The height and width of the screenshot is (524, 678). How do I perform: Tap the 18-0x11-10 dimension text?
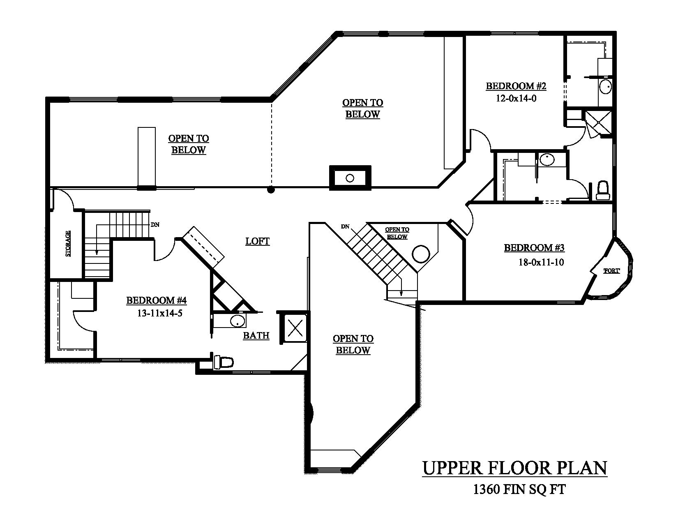point(541,262)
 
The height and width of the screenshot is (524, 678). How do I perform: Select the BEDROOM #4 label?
point(156,300)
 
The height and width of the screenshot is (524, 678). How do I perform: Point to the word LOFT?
point(257,241)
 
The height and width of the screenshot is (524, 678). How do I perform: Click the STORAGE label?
point(68,244)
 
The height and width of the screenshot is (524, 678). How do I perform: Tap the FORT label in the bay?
point(611,271)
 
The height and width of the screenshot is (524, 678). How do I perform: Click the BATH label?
point(256,336)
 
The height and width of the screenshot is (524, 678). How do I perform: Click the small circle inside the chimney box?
point(350,178)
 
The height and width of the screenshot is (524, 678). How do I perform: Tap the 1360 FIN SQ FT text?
point(519,489)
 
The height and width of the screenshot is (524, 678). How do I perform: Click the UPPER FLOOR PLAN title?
point(514,468)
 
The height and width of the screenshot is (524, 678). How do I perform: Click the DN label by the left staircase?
point(155,225)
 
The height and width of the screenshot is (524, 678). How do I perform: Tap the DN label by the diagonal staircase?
point(345,226)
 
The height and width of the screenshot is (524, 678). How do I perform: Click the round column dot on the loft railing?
point(270,189)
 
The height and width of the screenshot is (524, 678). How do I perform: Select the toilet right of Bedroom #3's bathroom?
point(603,191)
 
